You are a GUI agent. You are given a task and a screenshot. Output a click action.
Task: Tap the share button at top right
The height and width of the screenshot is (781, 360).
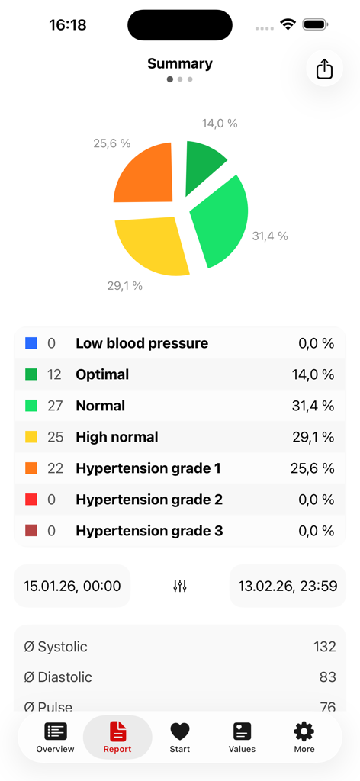pyautogui.click(x=324, y=69)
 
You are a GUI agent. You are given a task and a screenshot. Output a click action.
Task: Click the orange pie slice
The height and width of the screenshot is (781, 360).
pyautogui.click(x=146, y=174)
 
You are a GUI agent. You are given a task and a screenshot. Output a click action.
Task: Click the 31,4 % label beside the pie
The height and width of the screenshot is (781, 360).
pyautogui.click(x=270, y=236)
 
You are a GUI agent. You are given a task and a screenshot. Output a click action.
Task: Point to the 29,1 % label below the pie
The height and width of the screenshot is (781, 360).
pyautogui.click(x=124, y=286)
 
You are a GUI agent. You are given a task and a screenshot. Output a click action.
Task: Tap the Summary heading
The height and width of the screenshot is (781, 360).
pyautogui.click(x=180, y=64)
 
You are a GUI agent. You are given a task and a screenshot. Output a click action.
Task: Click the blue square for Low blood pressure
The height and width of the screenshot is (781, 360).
pyautogui.click(x=31, y=344)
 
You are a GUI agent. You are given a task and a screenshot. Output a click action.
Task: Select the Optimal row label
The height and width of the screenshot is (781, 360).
pyautogui.click(x=102, y=374)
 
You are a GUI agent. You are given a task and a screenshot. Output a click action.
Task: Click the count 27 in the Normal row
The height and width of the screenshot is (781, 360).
pyautogui.click(x=55, y=406)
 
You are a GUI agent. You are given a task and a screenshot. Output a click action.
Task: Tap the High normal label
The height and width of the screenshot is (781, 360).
pyautogui.click(x=117, y=437)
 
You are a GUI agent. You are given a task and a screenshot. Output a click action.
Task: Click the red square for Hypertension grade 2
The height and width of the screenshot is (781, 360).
pyautogui.click(x=31, y=500)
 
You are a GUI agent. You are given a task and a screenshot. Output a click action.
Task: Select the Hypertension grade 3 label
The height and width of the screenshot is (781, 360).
pyautogui.click(x=149, y=531)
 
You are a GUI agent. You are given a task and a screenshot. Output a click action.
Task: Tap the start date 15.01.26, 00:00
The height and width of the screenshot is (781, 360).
pyautogui.click(x=72, y=586)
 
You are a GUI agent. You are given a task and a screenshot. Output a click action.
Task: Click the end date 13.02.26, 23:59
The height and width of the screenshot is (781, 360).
pyautogui.click(x=288, y=586)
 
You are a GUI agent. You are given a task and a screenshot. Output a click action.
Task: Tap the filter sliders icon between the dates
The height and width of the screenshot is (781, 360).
pyautogui.click(x=180, y=586)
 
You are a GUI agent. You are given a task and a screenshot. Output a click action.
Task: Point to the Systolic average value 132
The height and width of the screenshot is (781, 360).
pyautogui.click(x=324, y=647)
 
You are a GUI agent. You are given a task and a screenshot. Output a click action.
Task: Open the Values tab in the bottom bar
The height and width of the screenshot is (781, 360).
pyautogui.click(x=242, y=738)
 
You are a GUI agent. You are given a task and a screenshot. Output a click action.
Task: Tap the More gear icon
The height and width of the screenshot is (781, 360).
pyautogui.click(x=304, y=738)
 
